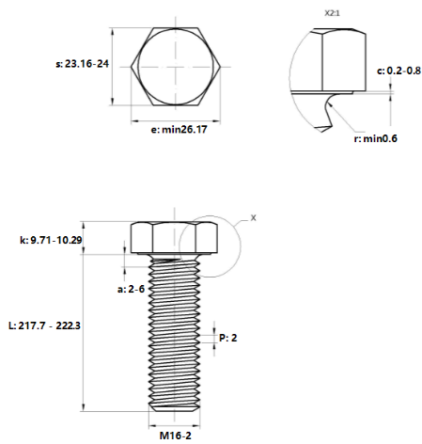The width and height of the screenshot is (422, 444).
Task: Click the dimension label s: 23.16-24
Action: (x=82, y=64)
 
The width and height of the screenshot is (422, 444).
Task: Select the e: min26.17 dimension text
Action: (x=179, y=129)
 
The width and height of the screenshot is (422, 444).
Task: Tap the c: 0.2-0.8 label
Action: (x=399, y=71)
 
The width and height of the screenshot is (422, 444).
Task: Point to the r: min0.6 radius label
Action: (x=375, y=138)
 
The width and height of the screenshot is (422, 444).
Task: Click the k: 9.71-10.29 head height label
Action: (x=51, y=240)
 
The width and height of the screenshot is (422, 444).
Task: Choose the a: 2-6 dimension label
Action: (x=131, y=289)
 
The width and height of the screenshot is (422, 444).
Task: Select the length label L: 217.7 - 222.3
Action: (x=44, y=325)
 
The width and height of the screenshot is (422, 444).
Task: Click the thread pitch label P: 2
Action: (x=227, y=338)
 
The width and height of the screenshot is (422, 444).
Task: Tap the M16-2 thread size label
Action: (x=175, y=436)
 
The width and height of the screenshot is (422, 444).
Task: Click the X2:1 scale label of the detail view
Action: (x=332, y=13)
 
